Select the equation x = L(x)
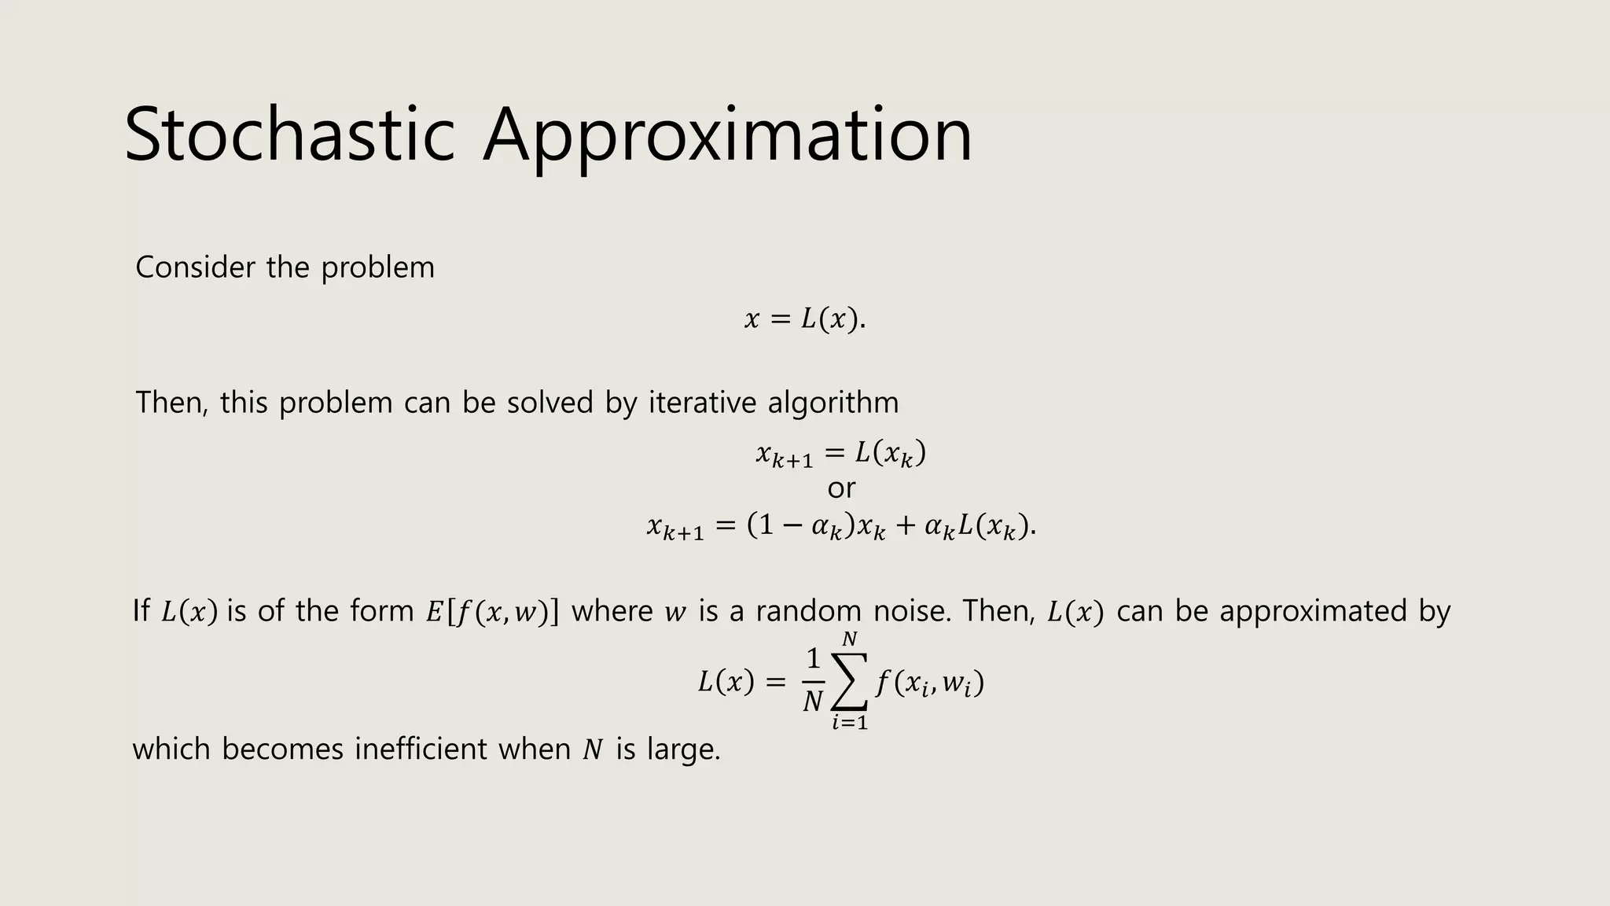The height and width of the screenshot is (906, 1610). coord(804,319)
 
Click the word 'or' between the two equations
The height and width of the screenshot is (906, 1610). coord(841,488)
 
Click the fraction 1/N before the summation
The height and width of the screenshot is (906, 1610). coord(813,679)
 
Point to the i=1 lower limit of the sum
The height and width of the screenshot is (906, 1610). coord(849,722)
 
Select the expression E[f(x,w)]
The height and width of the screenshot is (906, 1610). coord(492,612)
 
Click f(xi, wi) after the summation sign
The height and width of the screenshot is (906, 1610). coord(929,683)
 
